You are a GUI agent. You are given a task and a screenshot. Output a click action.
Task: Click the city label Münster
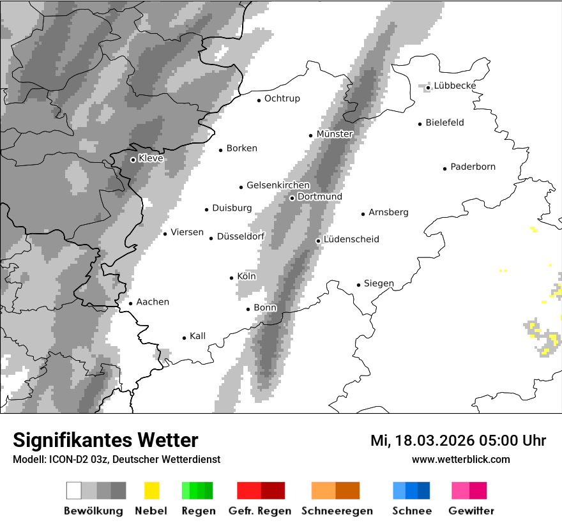[335, 134]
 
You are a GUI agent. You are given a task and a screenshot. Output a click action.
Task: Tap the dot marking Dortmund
[292, 198]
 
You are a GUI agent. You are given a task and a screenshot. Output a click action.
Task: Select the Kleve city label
[151, 158]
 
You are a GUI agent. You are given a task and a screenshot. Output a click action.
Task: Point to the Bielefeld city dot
[420, 124]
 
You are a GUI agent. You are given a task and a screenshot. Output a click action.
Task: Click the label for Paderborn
[473, 167]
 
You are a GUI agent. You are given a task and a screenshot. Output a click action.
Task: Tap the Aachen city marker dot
[130, 303]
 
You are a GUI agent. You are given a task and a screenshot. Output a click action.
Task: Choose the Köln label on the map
[247, 276]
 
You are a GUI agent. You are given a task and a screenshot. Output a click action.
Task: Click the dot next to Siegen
[359, 285]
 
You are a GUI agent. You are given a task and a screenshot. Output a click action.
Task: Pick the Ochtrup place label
[282, 99]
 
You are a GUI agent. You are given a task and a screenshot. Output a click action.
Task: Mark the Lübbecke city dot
[429, 87]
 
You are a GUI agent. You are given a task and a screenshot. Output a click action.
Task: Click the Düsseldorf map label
[241, 237]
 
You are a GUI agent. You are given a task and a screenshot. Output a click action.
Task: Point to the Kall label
[198, 337]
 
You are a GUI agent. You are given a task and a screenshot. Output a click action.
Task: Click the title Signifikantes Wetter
[105, 441]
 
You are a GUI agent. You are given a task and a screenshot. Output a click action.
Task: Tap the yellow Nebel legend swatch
[152, 490]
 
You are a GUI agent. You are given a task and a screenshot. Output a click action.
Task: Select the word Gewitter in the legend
[471, 511]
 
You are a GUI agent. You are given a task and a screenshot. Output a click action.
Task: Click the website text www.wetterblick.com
[460, 460]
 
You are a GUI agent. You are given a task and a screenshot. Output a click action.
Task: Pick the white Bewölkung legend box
[74, 490]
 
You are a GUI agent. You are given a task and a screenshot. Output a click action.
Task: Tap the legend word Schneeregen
[336, 511]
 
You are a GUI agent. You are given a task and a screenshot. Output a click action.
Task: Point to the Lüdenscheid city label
[351, 239]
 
